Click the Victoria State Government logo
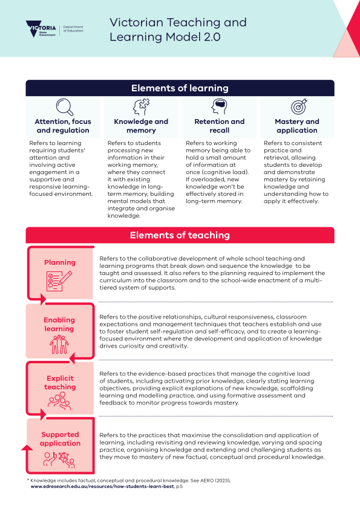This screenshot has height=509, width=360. click(x=41, y=29)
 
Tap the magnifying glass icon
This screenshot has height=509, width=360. click(x=64, y=107)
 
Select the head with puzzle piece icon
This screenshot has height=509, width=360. click(x=141, y=107)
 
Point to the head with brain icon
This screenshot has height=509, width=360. click(x=219, y=106)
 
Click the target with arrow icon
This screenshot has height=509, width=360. click(x=299, y=107)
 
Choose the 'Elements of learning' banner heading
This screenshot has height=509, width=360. click(x=180, y=88)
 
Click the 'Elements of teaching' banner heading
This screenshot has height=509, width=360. click(x=180, y=235)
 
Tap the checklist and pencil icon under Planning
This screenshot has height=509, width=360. click(x=59, y=280)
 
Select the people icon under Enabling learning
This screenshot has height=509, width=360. click(x=59, y=345)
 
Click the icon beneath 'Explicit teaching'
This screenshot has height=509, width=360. click(x=59, y=401)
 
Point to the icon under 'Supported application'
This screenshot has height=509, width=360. click(x=59, y=459)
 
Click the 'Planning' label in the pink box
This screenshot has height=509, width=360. click(x=60, y=262)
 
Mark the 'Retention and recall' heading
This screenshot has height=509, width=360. click(x=219, y=126)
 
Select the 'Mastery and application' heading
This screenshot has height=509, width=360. click(x=297, y=126)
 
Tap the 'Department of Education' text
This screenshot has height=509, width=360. click(x=73, y=29)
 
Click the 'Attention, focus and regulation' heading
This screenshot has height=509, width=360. click(x=63, y=126)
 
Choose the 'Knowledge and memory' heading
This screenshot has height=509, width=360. click(x=141, y=126)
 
